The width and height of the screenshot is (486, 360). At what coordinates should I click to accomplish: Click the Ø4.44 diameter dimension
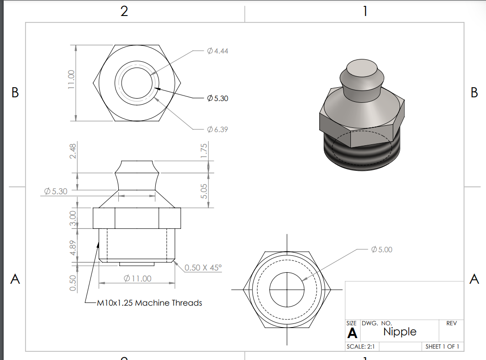(x=217, y=51)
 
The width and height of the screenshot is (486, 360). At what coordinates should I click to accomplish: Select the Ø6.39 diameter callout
(x=217, y=129)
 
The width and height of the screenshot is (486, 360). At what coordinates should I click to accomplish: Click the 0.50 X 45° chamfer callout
(x=203, y=267)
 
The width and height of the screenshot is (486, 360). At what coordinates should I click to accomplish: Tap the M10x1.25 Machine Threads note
(x=149, y=302)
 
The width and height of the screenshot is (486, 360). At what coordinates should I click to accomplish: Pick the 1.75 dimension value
(x=204, y=151)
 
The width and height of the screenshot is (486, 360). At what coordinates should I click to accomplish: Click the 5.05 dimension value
(x=204, y=191)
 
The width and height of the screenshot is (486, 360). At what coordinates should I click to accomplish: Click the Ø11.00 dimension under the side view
(x=137, y=278)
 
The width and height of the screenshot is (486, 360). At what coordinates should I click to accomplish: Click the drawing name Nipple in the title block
(x=400, y=332)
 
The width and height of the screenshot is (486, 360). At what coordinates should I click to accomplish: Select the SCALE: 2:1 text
(x=361, y=347)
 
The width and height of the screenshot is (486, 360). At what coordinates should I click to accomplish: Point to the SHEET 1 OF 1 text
(x=442, y=347)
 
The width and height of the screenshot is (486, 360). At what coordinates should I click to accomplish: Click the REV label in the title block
(x=451, y=323)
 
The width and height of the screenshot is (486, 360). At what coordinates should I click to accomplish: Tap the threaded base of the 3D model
(x=361, y=158)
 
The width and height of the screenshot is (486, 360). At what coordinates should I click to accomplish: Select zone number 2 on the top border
(x=124, y=11)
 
